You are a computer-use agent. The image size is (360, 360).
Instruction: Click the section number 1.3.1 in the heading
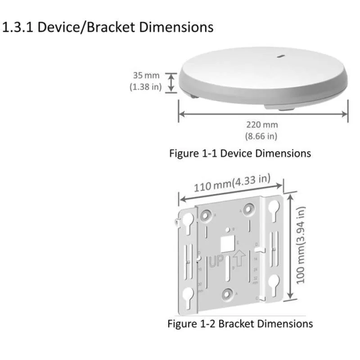(18, 27)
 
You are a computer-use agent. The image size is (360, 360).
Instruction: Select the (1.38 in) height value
(145, 87)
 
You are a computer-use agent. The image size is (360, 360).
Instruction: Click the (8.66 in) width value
(261, 135)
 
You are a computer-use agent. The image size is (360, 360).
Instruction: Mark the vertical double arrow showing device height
(171, 83)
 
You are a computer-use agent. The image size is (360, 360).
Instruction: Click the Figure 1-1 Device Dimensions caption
(240, 153)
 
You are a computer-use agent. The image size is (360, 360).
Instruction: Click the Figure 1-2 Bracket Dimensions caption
(240, 323)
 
